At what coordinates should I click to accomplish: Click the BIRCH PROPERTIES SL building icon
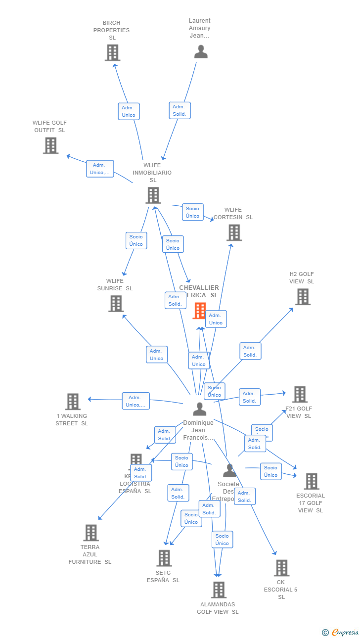(x=112, y=52)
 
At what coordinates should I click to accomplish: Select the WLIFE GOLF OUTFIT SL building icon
(x=50, y=145)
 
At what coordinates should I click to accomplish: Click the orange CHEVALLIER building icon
(x=200, y=311)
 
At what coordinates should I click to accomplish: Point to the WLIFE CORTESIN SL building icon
(x=234, y=232)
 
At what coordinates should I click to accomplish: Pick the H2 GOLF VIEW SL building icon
(x=303, y=297)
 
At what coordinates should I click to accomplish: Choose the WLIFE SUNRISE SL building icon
(x=116, y=304)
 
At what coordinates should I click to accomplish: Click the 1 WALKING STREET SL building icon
(x=73, y=402)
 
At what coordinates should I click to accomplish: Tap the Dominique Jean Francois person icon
(x=200, y=409)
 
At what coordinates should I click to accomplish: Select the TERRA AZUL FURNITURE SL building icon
(x=90, y=533)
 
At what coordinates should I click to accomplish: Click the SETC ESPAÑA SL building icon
(x=164, y=558)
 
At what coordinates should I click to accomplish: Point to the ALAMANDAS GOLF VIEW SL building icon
(x=219, y=590)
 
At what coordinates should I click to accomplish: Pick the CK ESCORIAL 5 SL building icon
(x=281, y=568)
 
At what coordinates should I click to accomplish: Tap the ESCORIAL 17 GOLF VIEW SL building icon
(x=311, y=481)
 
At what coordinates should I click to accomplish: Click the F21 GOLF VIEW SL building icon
(x=299, y=395)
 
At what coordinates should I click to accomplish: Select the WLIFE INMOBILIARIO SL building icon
(x=153, y=195)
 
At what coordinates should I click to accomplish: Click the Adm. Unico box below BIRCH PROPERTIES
(x=129, y=111)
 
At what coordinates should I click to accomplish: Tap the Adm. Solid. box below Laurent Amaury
(x=180, y=110)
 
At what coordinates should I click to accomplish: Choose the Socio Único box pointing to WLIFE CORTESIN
(x=192, y=212)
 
